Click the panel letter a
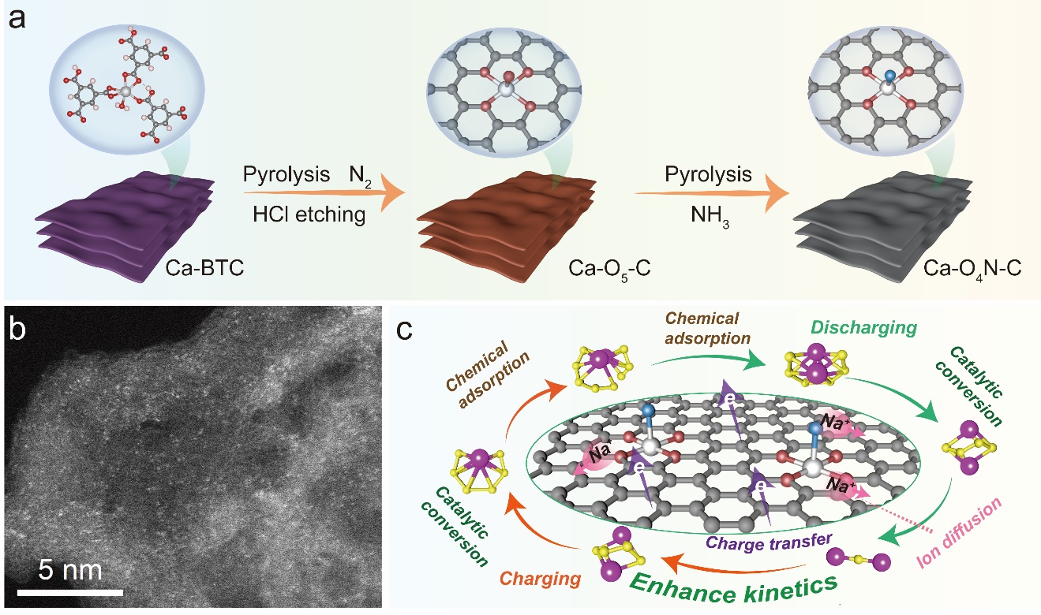pos(17,18)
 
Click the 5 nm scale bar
pos(69,591)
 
